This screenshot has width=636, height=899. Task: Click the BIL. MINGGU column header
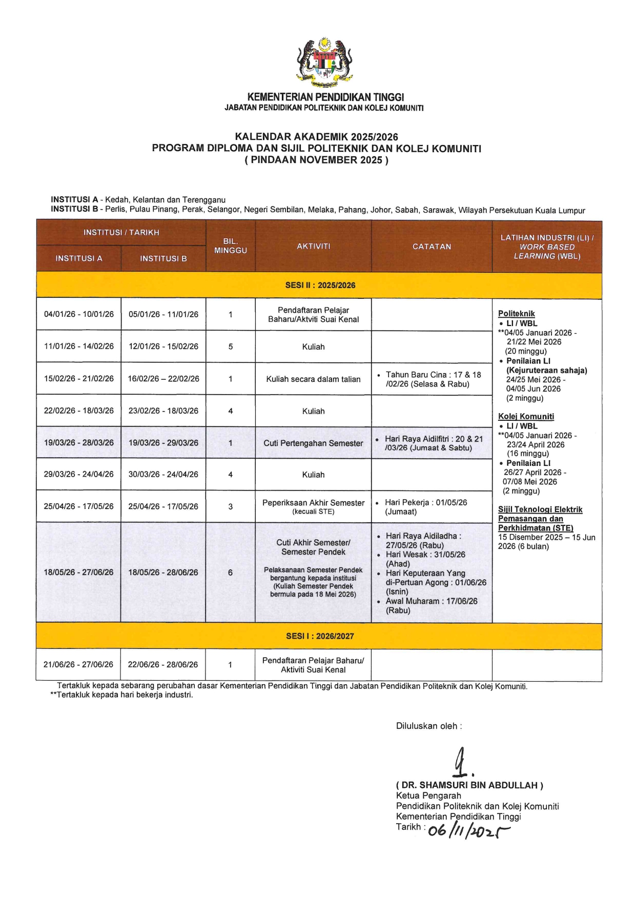pos(231,246)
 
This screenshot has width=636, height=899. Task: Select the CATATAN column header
pos(432,247)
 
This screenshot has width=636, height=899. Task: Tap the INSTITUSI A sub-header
pos(79,258)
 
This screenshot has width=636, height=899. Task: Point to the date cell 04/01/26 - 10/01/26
pos(79,314)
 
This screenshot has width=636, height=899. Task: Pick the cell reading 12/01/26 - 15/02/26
pos(163,346)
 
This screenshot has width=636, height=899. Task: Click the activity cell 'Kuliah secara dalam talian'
pos(313,379)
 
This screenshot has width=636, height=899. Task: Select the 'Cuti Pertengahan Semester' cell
pos(313,443)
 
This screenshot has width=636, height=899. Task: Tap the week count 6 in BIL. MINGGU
pos(230,573)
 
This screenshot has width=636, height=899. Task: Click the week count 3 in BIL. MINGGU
pos(231,506)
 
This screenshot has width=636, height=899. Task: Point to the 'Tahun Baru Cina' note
pos(433,379)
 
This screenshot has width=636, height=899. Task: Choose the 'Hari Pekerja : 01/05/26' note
pos(426,506)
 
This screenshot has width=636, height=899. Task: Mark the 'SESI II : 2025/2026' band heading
pos(320,285)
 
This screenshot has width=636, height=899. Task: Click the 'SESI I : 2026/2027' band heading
pos(320,636)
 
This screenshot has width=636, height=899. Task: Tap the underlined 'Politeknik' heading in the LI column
pos(516,314)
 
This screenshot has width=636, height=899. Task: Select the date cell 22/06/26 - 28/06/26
pos(163,665)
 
